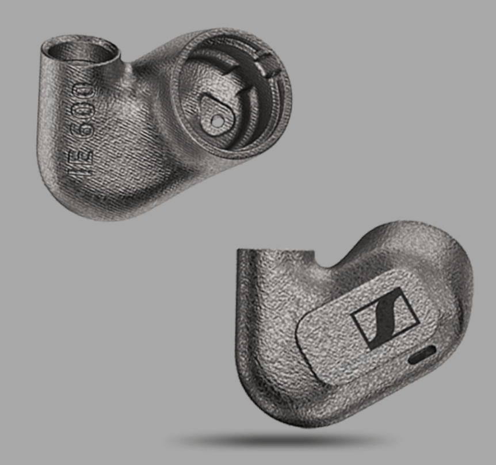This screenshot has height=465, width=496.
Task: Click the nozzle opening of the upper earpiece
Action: tap(81, 51)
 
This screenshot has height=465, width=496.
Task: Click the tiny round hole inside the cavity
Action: tap(216, 120)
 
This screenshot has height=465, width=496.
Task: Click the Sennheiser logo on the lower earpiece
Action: tap(386, 318)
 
